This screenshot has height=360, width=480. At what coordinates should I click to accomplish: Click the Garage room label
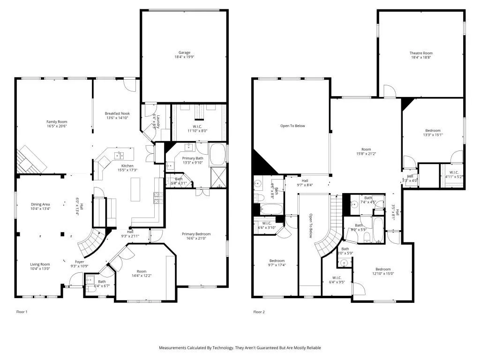click(184, 52)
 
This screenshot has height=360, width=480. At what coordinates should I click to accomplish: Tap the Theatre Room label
click(421, 53)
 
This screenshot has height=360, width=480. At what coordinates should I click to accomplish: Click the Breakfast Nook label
click(117, 113)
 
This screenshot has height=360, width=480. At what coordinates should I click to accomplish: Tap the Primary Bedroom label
click(196, 234)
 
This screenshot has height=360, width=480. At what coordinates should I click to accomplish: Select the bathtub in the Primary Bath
click(217, 154)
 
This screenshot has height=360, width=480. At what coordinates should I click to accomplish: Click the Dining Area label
click(41, 204)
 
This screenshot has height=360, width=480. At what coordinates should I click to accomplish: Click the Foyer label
click(80, 262)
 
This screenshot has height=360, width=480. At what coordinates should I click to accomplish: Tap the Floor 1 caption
click(22, 312)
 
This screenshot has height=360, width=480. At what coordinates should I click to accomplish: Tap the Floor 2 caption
click(259, 312)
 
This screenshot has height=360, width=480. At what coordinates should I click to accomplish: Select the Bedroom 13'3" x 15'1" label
click(433, 130)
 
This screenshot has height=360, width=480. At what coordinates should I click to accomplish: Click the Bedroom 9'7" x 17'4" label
click(277, 261)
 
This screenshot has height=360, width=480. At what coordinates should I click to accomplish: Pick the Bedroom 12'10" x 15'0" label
click(382, 269)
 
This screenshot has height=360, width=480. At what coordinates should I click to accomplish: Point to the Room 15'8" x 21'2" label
click(366, 149)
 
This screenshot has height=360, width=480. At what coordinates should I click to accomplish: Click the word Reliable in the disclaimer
click(313, 348)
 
